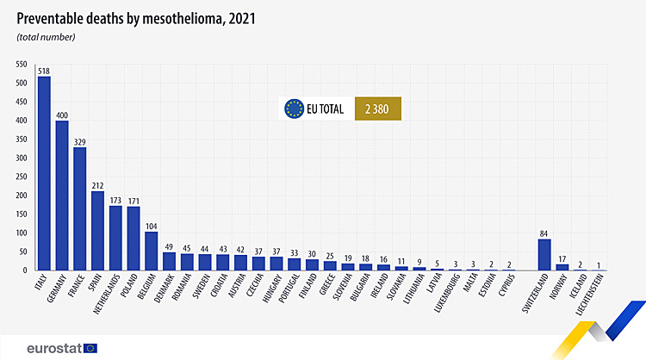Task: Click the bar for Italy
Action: tap(44, 173)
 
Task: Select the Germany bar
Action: tap(62, 196)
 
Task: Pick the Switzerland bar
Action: tap(544, 254)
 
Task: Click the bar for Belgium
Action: tap(152, 251)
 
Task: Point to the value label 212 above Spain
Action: tap(98, 183)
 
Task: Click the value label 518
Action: tap(44, 70)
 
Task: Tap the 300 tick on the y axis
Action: tap(19, 158)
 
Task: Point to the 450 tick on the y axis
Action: tap(19, 102)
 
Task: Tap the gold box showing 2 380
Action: tap(377, 109)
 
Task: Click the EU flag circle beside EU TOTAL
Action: tap(295, 109)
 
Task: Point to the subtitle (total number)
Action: tap(46, 36)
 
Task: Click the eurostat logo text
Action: tap(54, 347)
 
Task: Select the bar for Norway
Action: tap(562, 267)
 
